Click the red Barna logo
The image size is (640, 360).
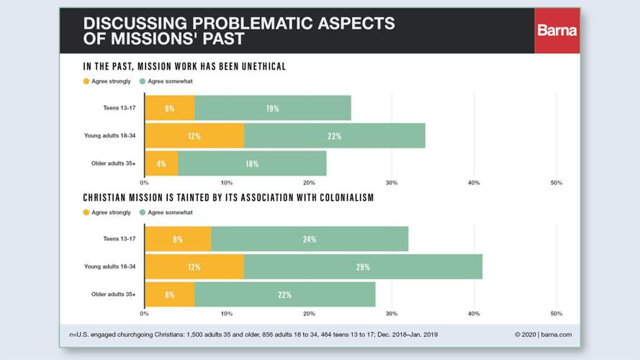pos(556,30)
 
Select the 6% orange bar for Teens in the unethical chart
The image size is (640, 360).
pos(169,108)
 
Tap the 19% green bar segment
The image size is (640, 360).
pos(272,108)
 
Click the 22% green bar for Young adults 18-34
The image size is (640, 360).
pos(334,136)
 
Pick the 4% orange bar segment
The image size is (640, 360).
pos(161,163)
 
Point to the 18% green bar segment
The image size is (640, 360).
pos(252,163)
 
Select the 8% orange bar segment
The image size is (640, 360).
pos(178,239)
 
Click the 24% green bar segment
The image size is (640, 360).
pos(310,239)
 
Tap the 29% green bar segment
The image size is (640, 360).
pos(363,266)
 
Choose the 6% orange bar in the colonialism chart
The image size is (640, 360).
pos(169,294)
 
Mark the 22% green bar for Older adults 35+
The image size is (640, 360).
pos(284,294)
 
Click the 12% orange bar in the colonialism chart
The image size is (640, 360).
pos(194,266)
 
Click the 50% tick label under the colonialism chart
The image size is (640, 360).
pos(556,314)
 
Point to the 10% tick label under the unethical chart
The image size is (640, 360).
pos(227,183)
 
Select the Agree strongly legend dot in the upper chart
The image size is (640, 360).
pos(86,81)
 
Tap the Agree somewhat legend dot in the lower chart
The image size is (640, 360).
pos(143,212)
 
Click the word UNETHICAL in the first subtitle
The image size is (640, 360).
pos(256,66)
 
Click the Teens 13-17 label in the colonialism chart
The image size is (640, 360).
pos(120,239)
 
